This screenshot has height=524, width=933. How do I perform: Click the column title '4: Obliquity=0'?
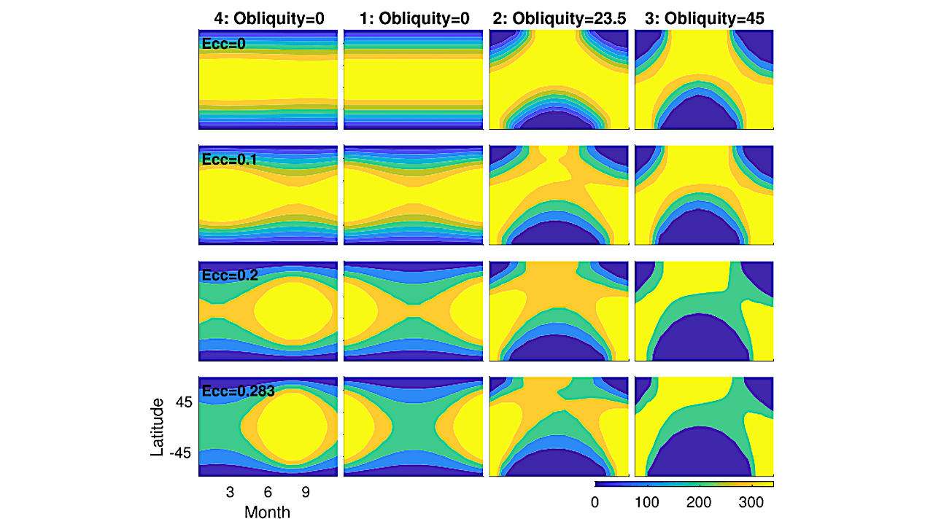[269, 19]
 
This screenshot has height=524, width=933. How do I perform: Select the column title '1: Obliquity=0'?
[414, 19]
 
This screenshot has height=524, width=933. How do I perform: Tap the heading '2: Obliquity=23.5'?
[560, 19]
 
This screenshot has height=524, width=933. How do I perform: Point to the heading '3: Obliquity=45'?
[705, 19]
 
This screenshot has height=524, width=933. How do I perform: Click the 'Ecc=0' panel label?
[224, 44]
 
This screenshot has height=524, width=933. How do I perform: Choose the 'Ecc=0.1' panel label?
[230, 160]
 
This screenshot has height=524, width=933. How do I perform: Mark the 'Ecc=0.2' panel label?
[230, 275]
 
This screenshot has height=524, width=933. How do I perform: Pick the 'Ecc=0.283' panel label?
[239, 391]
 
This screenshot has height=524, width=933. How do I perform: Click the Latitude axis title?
[157, 427]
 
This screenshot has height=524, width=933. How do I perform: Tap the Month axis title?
[267, 512]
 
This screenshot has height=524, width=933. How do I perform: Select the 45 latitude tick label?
[184, 402]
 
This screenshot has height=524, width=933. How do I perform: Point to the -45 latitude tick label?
[180, 453]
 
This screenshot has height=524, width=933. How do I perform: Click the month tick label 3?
[230, 493]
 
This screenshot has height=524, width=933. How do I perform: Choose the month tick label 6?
[268, 493]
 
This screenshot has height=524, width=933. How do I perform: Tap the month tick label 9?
[306, 493]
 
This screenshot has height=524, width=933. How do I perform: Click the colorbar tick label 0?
[595, 502]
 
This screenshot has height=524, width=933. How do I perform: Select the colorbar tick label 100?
[647, 502]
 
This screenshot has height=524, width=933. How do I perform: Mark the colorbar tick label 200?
[699, 502]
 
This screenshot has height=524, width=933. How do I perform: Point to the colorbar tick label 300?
[751, 502]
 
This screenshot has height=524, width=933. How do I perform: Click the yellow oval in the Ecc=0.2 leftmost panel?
[293, 311]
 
